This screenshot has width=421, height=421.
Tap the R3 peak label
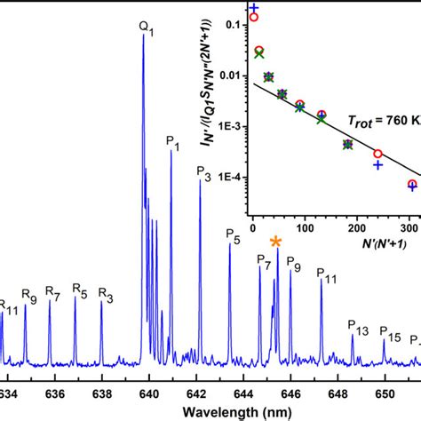tap(106, 295)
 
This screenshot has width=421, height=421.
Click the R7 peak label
tap(52, 295)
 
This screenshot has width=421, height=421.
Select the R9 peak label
tap(28, 297)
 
